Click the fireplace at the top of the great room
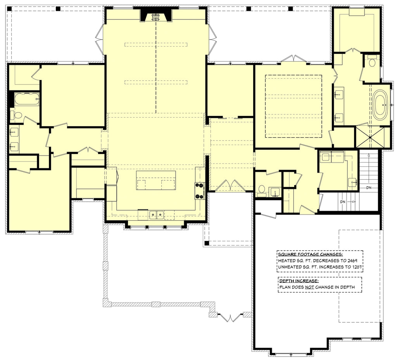click(155, 16)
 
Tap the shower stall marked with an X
click(371, 137)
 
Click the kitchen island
click(156, 180)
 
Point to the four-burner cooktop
click(200, 190)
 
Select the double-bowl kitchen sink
click(157, 214)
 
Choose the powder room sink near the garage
click(276, 192)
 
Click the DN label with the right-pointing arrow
click(345, 202)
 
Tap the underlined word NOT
click(309, 287)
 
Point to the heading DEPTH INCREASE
click(299, 280)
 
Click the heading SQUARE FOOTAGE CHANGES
click(310, 254)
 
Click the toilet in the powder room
click(262, 189)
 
